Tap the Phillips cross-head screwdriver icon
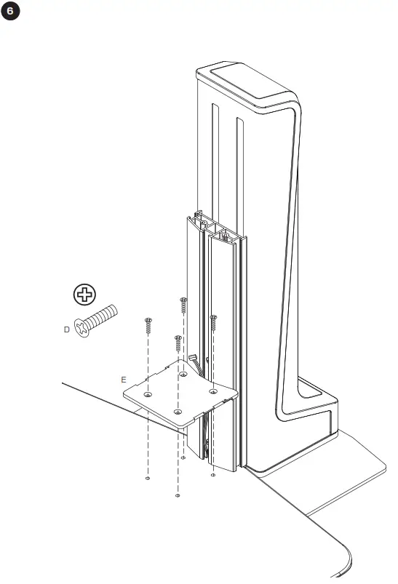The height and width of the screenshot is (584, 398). (x=86, y=295)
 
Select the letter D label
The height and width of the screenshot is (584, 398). (x=67, y=329)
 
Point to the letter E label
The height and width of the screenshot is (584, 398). (x=124, y=380)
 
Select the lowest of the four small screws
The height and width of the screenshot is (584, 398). (x=178, y=342)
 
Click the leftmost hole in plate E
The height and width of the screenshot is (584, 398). (x=148, y=393)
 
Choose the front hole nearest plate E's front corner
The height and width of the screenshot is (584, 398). (x=178, y=412)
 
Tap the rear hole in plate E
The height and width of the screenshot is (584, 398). (x=183, y=375)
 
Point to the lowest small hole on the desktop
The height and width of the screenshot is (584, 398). (x=178, y=495)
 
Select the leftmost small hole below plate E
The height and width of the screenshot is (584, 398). (x=148, y=479)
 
